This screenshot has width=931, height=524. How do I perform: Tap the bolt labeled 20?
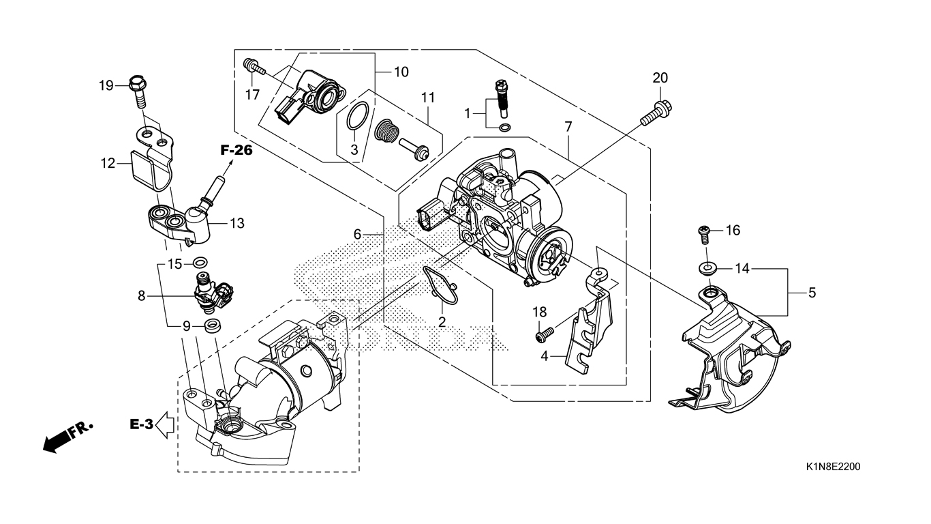point(656,113)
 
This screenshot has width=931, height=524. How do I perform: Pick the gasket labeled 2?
point(440,287)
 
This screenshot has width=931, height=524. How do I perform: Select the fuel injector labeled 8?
point(213,294)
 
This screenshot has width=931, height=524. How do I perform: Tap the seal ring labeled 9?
point(213,325)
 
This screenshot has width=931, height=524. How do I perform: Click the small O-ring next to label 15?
point(200,262)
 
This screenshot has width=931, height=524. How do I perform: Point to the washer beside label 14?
point(707,267)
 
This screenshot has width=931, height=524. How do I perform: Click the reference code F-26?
point(236,150)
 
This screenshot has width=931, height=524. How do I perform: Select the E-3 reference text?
point(141,424)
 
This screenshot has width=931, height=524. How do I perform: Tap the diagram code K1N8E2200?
point(834,467)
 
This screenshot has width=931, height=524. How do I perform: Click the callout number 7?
point(568,126)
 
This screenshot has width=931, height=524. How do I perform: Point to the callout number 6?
point(357,235)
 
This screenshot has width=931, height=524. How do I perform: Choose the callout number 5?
point(812,293)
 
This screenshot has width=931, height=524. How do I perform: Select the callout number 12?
point(108,163)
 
